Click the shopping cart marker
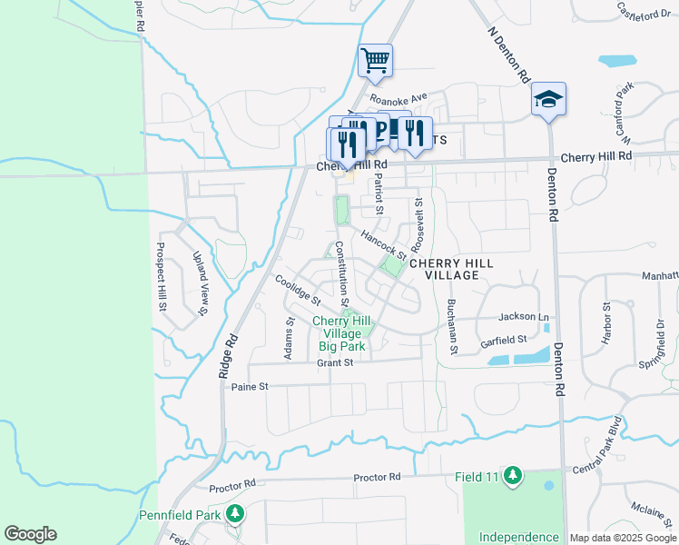[375, 62]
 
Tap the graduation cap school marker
[548, 99]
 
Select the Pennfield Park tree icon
[235, 515]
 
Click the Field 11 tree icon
[513, 475]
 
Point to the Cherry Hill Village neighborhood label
[451, 269]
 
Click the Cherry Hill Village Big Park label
[342, 333]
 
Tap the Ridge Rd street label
[228, 357]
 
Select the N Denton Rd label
[508, 55]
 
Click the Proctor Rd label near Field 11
[377, 477]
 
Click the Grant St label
[334, 362]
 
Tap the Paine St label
[251, 386]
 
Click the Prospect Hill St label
[162, 276]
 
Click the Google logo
[30, 534]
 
